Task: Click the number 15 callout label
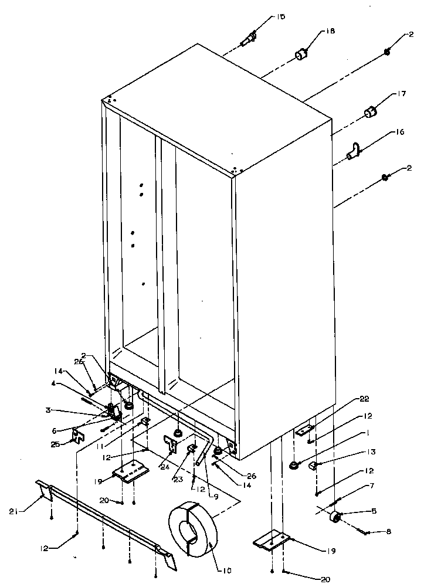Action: (x=281, y=17)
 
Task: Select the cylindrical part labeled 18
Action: (x=301, y=55)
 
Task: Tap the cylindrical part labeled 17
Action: (x=370, y=111)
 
